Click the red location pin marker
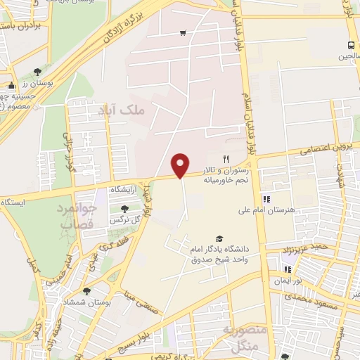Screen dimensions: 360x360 [181, 165]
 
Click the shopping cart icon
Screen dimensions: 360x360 [183, 32]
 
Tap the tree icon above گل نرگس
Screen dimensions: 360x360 [125, 209]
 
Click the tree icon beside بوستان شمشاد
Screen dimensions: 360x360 [86, 290]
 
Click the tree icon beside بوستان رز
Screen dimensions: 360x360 [37, 71]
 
